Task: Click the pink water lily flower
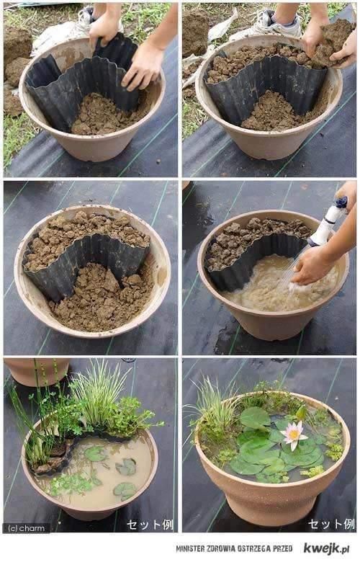coord(293,434)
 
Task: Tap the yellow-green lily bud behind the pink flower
coord(301,413)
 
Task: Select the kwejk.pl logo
coord(326,548)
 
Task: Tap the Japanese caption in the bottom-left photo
coord(150,525)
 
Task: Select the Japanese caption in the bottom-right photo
coord(331,524)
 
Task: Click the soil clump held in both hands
coord(330,43)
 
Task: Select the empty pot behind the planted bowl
coord(37,371)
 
